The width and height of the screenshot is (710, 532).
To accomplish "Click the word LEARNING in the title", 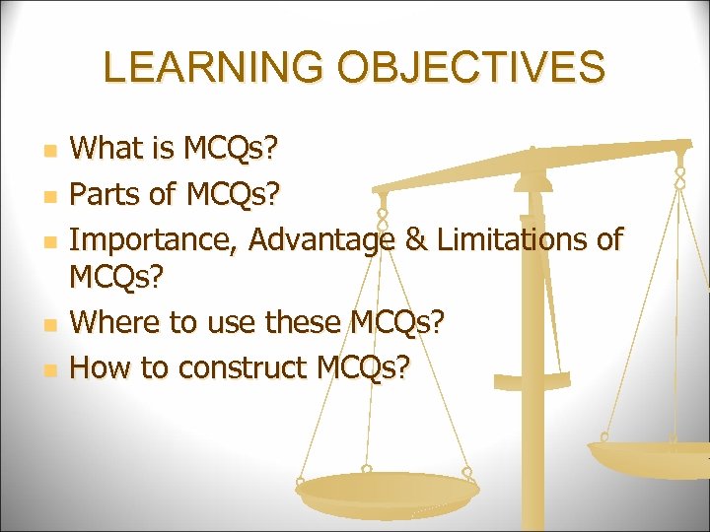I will (211, 67).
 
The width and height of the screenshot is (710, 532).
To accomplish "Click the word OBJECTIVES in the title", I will (470, 67).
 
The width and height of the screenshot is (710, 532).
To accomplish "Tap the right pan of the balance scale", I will (651, 456).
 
